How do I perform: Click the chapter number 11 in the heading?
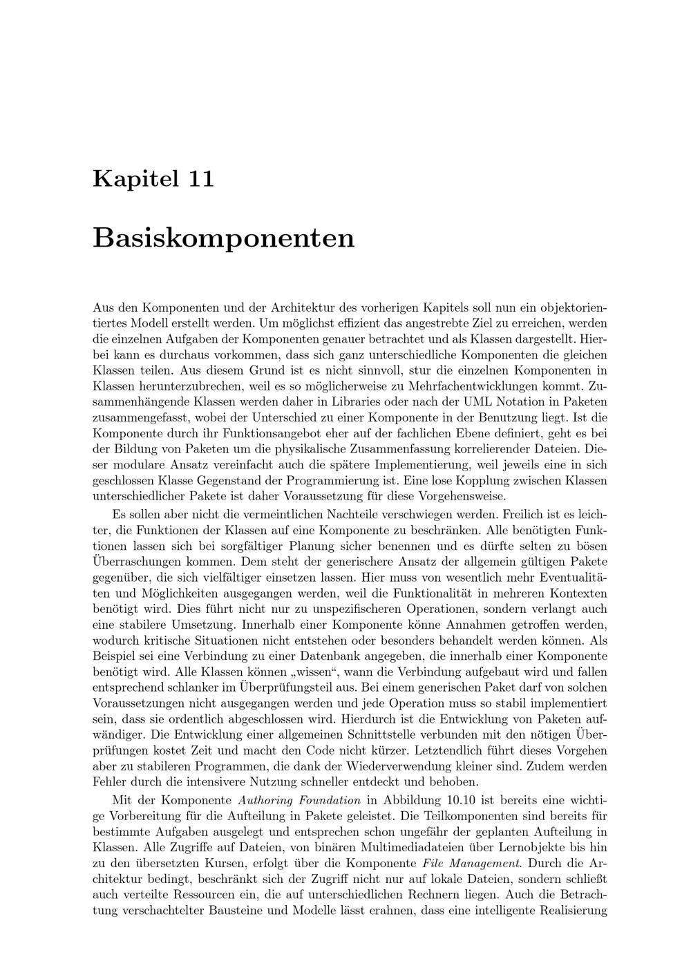200,178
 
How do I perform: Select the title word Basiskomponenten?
223,238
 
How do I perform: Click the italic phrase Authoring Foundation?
299,800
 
